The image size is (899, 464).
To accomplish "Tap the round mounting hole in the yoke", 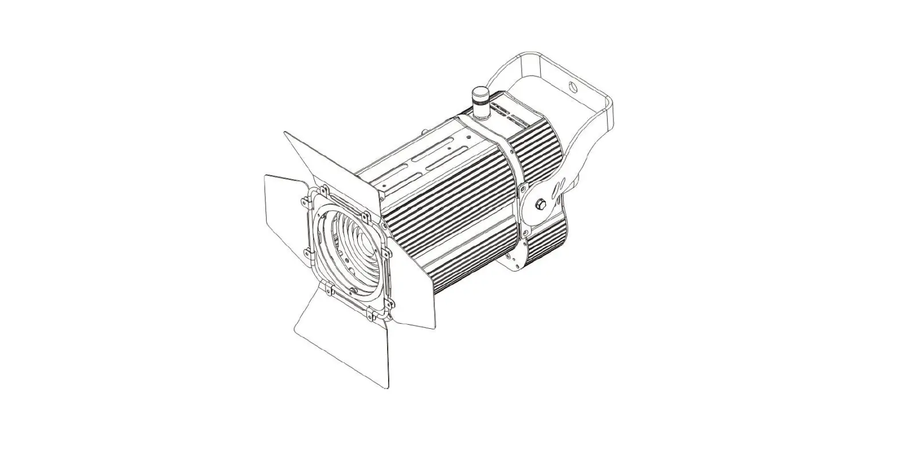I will pyautogui.click(x=572, y=87).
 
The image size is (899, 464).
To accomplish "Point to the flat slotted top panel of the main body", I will pyautogui.click(x=419, y=155).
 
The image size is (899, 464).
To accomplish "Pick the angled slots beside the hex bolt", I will pyautogui.click(x=558, y=189).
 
